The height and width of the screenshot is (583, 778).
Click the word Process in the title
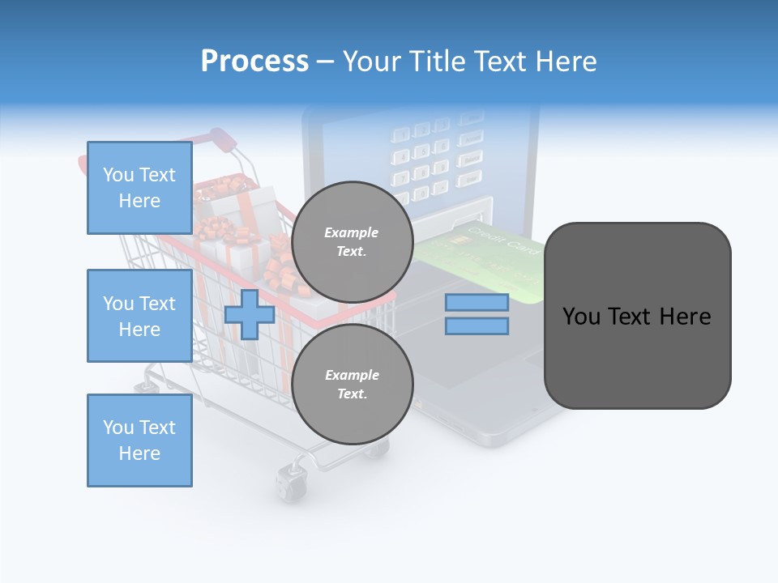pos(254,62)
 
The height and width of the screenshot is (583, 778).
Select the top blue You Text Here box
pos(139,188)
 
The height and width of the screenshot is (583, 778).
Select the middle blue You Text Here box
pos(139,316)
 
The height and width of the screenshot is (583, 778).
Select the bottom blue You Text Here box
pos(139,440)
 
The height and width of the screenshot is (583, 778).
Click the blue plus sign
pos(250,314)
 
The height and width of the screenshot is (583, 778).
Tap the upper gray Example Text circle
pos(352,242)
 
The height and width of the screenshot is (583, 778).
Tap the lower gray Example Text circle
pos(352,385)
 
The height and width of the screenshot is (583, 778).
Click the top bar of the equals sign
pos(477,302)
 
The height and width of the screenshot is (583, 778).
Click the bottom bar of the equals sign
pos(477,326)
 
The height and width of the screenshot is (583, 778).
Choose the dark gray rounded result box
pos(637,316)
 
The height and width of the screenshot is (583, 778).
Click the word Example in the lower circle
pos(352,375)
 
